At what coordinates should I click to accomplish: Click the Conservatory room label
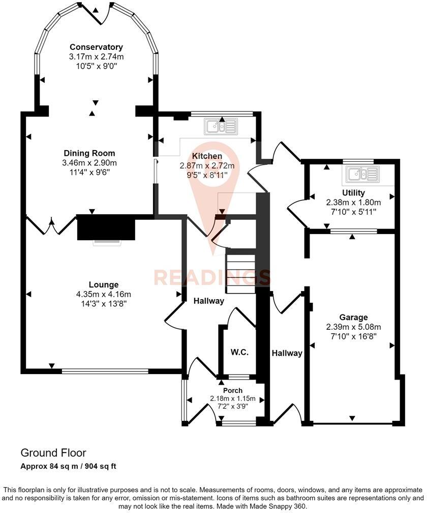(89, 47)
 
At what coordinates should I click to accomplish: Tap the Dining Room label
(89, 153)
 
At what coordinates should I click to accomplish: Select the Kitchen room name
(207, 156)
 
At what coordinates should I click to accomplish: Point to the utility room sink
(361, 175)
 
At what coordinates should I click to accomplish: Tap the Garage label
(354, 317)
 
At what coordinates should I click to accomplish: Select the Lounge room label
(104, 285)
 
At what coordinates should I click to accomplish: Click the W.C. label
(239, 352)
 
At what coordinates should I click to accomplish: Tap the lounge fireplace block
(106, 227)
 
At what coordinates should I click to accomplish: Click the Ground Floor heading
(53, 452)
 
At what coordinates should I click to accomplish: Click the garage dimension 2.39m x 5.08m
(354, 327)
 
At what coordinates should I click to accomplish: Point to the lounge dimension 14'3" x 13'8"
(104, 304)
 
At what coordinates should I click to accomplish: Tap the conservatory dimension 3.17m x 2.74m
(89, 56)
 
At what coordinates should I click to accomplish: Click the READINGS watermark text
(212, 278)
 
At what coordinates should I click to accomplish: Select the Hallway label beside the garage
(287, 353)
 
